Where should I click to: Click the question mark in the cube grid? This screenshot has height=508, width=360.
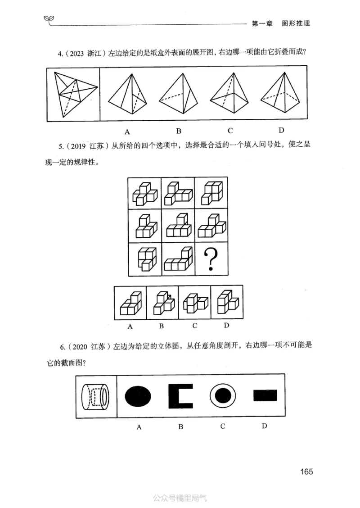pyautogui.click(x=211, y=259)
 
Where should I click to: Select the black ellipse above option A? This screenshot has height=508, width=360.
pyautogui.click(x=139, y=395)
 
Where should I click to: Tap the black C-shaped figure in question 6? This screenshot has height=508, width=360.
pyautogui.click(x=180, y=395)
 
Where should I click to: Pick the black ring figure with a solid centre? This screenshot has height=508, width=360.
pyautogui.click(x=222, y=395)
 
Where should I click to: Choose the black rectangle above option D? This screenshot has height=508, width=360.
pyautogui.click(x=265, y=395)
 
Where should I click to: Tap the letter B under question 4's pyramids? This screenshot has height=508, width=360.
pyautogui.click(x=179, y=131)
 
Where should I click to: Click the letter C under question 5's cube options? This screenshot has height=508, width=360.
pyautogui.click(x=195, y=326)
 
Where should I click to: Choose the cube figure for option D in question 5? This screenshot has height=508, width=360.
pyautogui.click(x=227, y=302)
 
